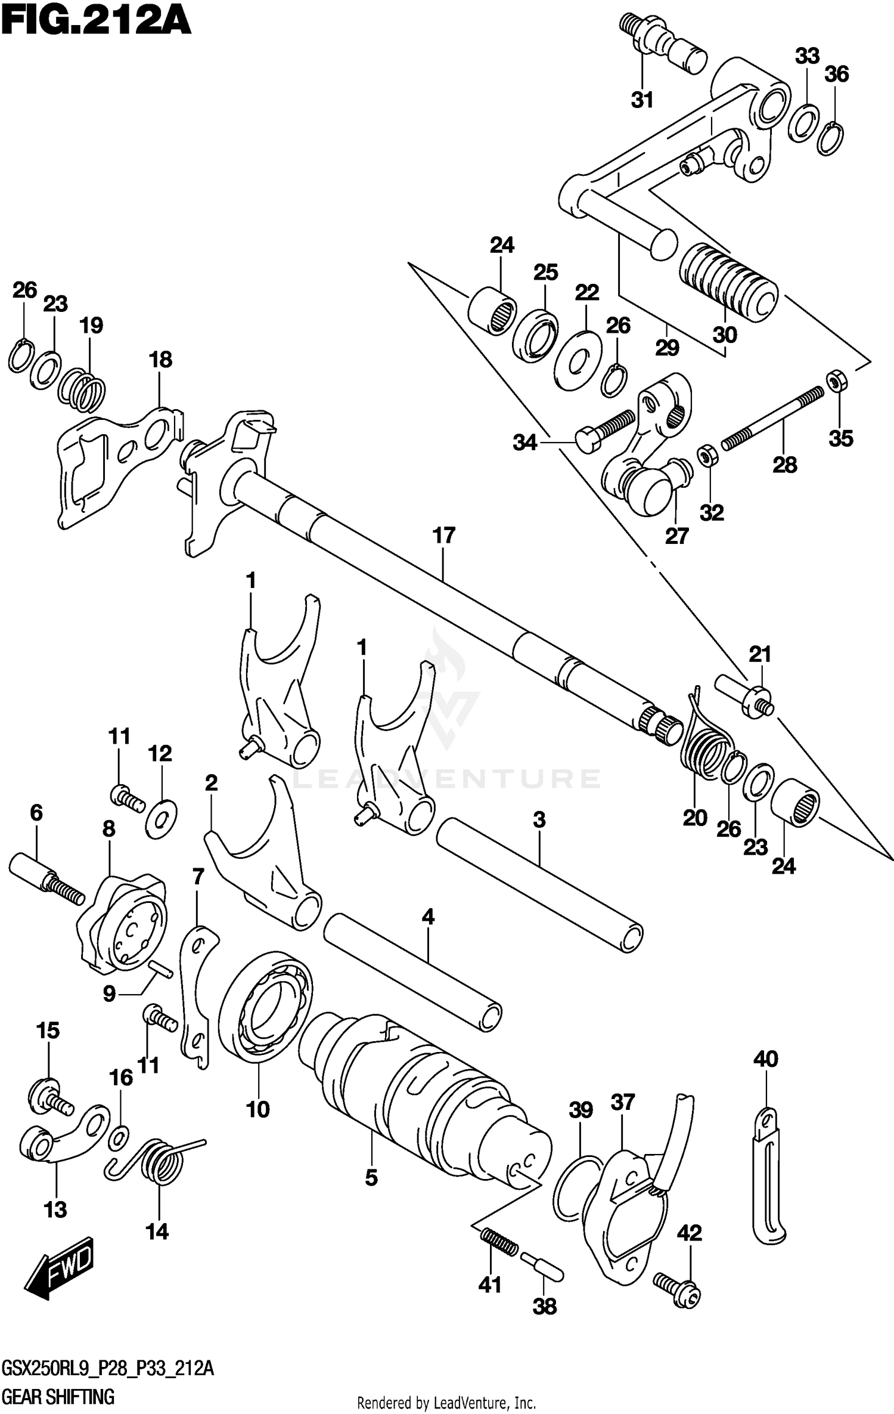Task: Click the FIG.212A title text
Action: pos(95,23)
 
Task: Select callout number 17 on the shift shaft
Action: pos(444,536)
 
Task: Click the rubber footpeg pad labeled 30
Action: pos(728,282)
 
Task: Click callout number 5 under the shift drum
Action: pos(371,1177)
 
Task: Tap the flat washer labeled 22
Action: pos(578,361)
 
